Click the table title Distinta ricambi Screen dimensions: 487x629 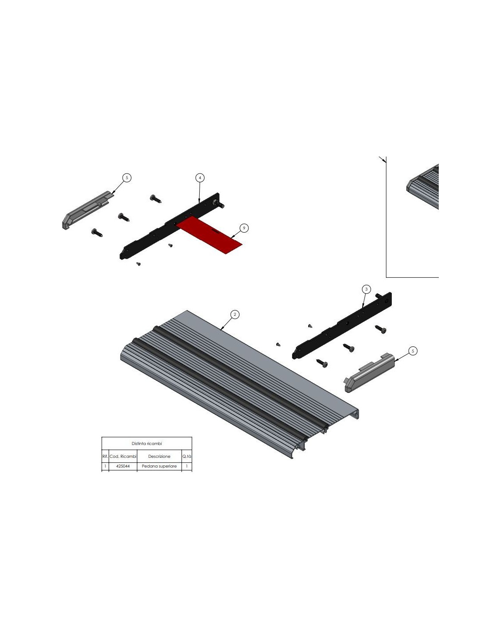(x=147, y=444)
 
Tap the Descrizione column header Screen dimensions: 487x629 (x=159, y=456)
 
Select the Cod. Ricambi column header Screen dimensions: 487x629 (x=123, y=456)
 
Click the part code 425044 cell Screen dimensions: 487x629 (x=123, y=466)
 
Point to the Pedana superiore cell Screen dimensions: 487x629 (x=159, y=466)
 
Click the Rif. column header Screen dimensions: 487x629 (x=105, y=456)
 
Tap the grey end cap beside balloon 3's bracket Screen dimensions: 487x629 (x=369, y=372)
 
